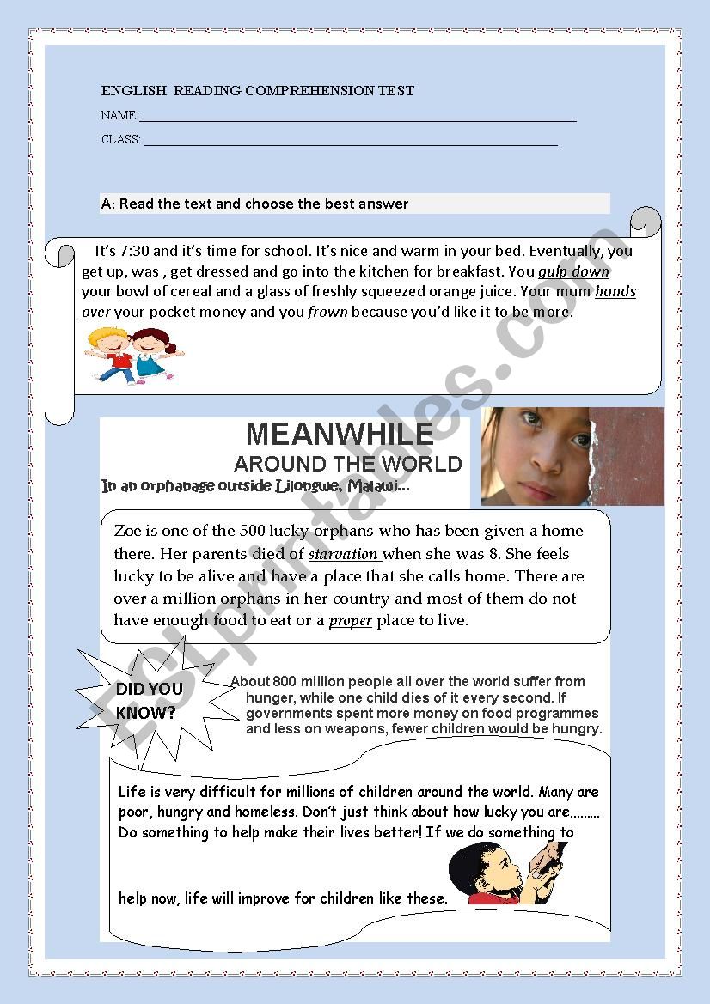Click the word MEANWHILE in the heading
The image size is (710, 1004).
tap(340, 433)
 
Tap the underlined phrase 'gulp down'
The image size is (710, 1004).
tap(573, 271)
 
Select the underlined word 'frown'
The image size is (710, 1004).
tap(327, 313)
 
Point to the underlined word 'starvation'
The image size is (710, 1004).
tap(343, 554)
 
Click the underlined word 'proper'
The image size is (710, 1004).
tap(350, 620)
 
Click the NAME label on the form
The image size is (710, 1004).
tap(119, 115)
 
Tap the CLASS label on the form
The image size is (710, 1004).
tap(120, 139)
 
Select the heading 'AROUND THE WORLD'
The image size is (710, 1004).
tap(347, 465)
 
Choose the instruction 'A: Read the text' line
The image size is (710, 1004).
tap(254, 204)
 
